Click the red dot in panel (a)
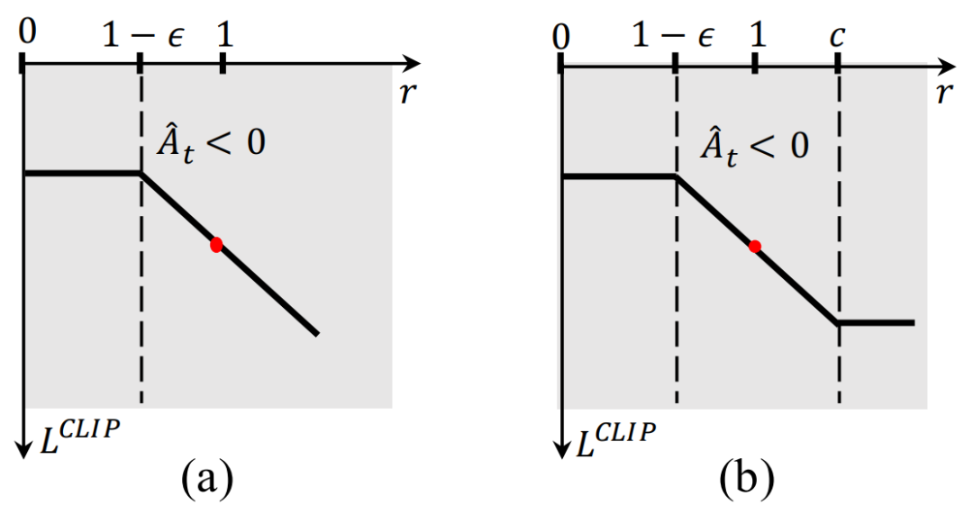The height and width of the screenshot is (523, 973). coord(216,245)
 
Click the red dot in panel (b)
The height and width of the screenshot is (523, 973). coord(755,246)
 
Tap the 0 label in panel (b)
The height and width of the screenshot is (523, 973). coord(563,37)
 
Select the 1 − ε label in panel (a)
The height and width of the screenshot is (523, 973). coord(141,36)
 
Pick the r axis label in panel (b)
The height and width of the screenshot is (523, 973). coord(944,92)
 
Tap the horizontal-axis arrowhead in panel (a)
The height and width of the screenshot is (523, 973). coord(412,64)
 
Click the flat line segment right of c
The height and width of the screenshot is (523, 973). coord(877,322)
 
